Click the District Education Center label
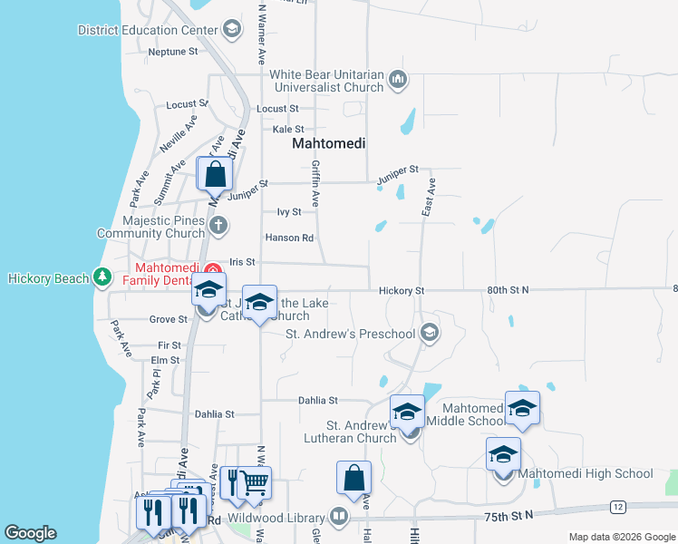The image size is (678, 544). [149, 30]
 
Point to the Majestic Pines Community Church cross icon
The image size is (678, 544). [217, 226]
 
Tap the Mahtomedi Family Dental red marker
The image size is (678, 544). [213, 271]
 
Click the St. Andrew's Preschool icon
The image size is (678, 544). [430, 334]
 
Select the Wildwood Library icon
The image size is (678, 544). [339, 518]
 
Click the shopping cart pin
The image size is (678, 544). [256, 482]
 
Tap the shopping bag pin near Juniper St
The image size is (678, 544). [215, 173]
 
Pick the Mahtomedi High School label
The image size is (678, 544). [585, 473]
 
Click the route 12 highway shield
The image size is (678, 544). [618, 506]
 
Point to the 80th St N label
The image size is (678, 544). [508, 290]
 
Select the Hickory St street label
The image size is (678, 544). [402, 290]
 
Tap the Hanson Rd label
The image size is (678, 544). [288, 238]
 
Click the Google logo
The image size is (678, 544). [30, 533]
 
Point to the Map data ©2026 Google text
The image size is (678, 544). [623, 537]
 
